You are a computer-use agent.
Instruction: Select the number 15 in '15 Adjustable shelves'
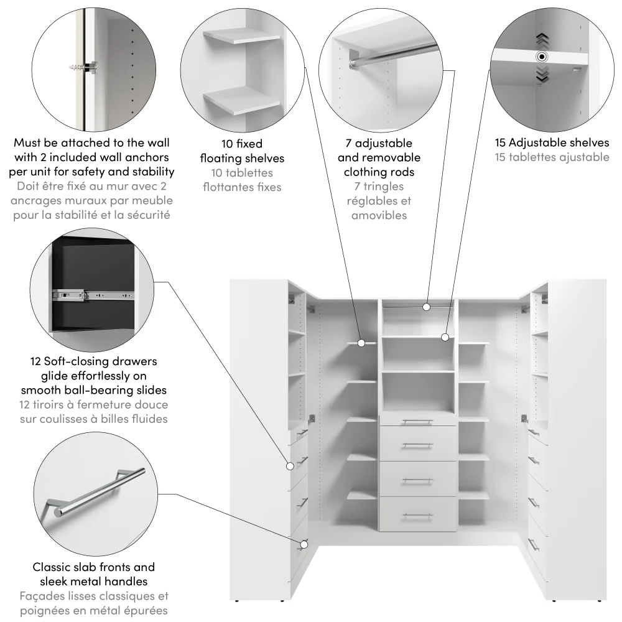(502, 143)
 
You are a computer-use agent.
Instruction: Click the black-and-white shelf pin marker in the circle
(542, 57)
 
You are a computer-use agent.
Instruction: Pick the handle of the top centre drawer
(417, 422)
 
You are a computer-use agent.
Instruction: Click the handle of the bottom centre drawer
(417, 516)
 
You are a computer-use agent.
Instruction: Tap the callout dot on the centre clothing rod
(427, 306)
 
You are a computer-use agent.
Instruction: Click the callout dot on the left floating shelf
(362, 342)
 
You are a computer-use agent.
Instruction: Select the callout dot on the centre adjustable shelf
(445, 337)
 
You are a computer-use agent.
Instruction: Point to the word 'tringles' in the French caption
(384, 187)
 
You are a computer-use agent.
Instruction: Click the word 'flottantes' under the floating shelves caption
(226, 187)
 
